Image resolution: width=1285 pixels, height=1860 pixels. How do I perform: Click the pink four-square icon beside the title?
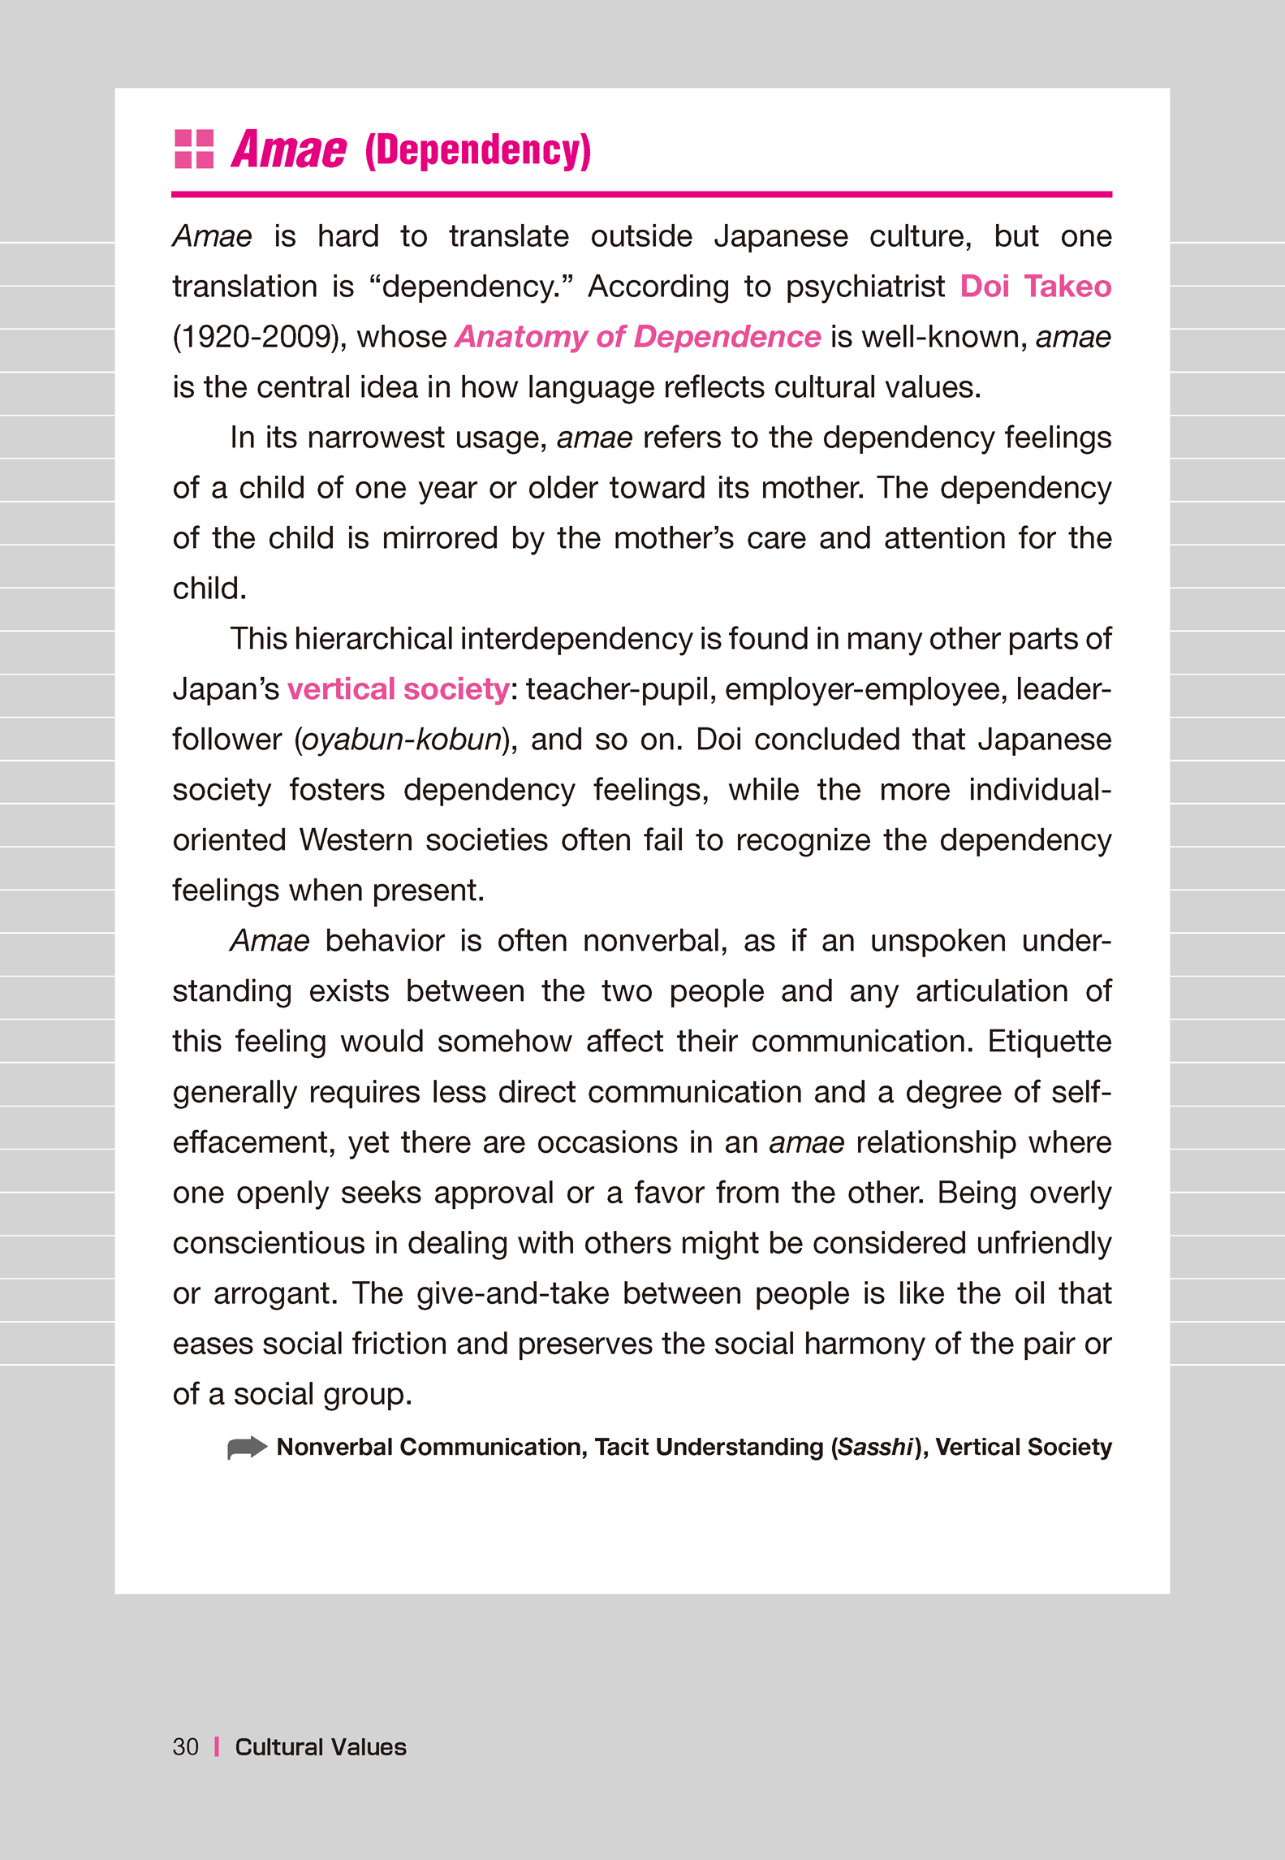pyautogui.click(x=194, y=149)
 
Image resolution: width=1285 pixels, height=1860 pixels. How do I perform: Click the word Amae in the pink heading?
pyautogui.click(x=289, y=150)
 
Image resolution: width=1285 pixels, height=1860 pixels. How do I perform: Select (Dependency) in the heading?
pyautogui.click(x=477, y=151)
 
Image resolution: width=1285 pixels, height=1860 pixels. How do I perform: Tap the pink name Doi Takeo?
pyautogui.click(x=1035, y=287)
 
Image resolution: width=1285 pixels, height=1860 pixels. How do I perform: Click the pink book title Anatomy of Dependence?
pyautogui.click(x=638, y=337)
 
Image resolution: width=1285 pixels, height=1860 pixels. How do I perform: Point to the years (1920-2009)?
pyautogui.click(x=254, y=337)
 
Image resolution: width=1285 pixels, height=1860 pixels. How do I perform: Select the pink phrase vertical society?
pyautogui.click(x=399, y=689)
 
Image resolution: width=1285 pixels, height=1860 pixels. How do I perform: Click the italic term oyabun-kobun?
pyautogui.click(x=401, y=740)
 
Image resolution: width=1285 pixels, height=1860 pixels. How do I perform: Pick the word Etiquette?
pyautogui.click(x=1049, y=1042)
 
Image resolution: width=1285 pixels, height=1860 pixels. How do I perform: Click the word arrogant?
pyautogui.click(x=275, y=1293)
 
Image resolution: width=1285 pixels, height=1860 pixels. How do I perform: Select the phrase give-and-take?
pyautogui.click(x=513, y=1293)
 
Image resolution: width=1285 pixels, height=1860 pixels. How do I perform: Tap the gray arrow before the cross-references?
pyautogui.click(x=247, y=1448)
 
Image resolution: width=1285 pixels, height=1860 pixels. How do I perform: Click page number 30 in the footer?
pyautogui.click(x=185, y=1747)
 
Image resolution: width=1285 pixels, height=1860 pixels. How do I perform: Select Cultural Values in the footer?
pyautogui.click(x=321, y=1747)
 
